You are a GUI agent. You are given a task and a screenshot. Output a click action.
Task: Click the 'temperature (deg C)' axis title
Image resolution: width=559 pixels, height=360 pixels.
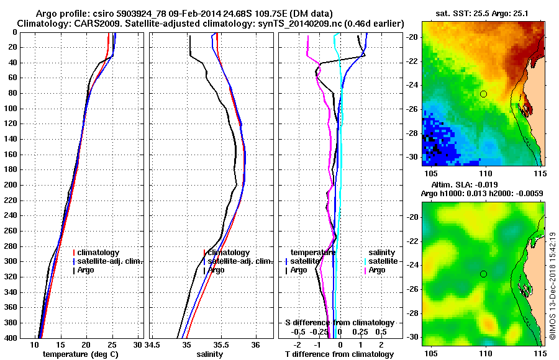[80, 354]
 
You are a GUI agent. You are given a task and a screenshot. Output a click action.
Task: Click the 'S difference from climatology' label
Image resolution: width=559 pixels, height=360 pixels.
[340, 323]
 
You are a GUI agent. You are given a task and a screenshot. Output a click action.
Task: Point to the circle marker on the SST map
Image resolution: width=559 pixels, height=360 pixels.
[483, 94]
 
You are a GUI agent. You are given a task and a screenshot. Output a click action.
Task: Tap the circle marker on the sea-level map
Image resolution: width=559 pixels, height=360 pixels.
[483, 274]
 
